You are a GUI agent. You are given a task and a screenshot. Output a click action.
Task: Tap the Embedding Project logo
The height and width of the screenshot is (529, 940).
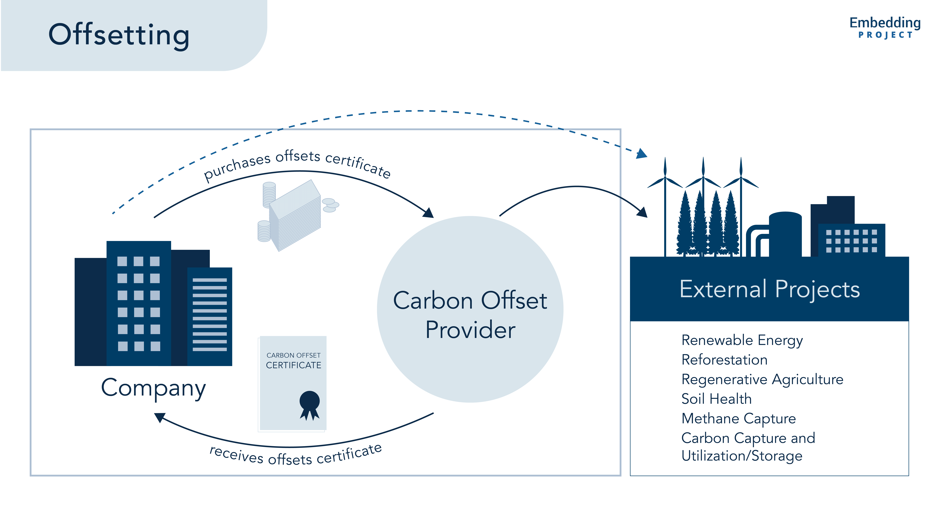[x=885, y=27]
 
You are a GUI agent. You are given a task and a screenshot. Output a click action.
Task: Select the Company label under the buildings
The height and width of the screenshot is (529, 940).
[x=153, y=388]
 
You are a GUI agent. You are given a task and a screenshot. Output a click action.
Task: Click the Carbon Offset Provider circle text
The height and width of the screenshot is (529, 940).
[x=470, y=315]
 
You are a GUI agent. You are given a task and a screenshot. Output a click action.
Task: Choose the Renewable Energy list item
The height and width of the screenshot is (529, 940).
[x=742, y=340]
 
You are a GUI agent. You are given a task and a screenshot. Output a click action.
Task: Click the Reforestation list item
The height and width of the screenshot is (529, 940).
[x=724, y=360]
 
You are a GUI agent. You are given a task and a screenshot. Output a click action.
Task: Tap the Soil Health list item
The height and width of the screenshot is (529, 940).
[x=716, y=399]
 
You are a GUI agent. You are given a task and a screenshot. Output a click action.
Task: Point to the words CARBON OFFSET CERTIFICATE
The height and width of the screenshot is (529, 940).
[x=293, y=361]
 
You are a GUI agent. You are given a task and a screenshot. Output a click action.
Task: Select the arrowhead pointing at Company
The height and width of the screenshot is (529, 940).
[x=160, y=417]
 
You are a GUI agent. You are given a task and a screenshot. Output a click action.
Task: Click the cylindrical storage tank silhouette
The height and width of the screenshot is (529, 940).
[x=785, y=234]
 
